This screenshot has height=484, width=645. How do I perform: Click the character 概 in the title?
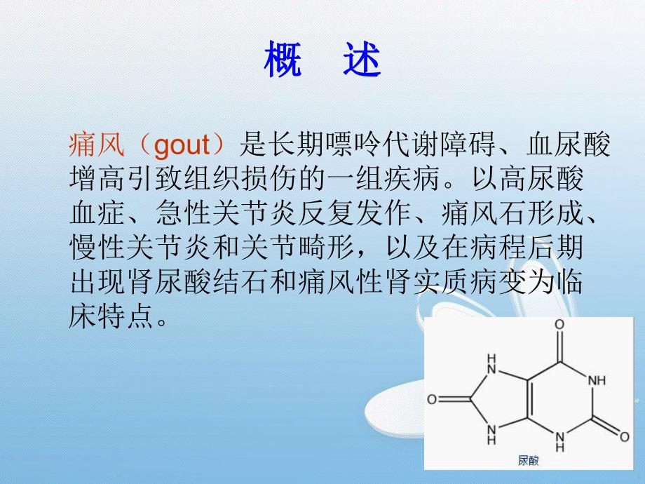tap(283, 61)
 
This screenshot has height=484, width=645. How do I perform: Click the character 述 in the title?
tap(362, 61)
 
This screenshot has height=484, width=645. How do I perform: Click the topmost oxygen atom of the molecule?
tap(559, 325)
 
